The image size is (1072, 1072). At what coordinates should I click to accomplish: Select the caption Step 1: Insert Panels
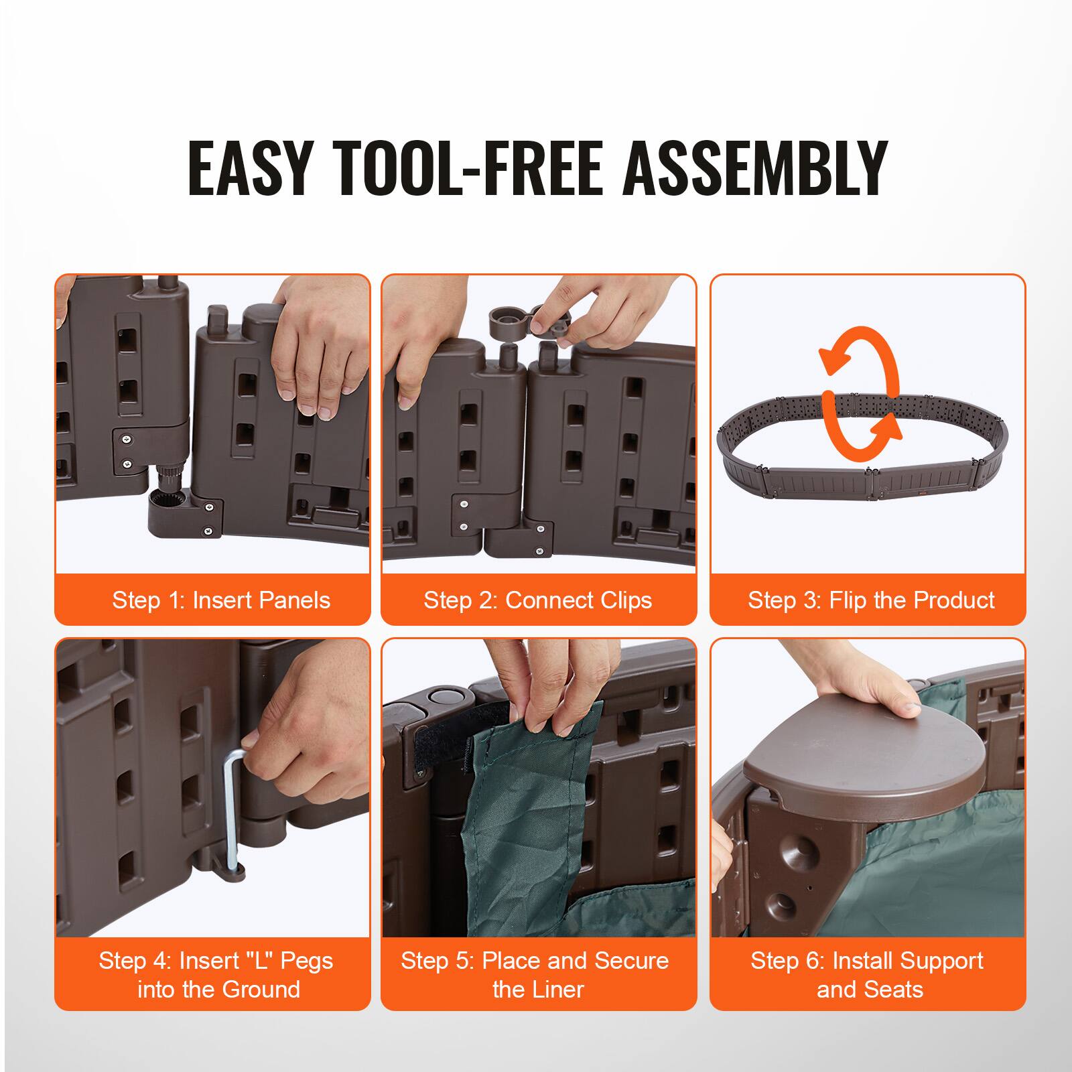click(x=221, y=600)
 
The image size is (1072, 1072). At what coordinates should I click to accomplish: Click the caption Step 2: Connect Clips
click(x=537, y=600)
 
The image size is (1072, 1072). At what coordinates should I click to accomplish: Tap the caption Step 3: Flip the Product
click(x=870, y=600)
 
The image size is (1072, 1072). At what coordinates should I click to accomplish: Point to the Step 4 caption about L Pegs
click(x=216, y=974)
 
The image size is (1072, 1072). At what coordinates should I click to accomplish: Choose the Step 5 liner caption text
click(x=535, y=974)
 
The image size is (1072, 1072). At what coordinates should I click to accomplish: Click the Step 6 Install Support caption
click(x=867, y=974)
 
